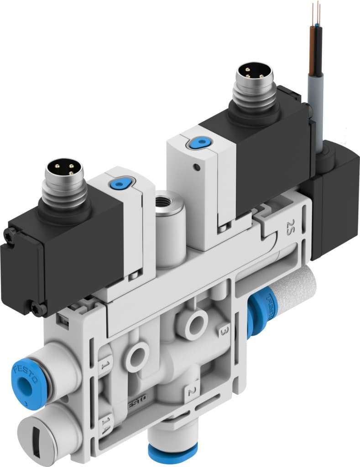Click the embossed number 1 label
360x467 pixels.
click(x=104, y=365)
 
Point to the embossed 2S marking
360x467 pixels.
click(x=289, y=225)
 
